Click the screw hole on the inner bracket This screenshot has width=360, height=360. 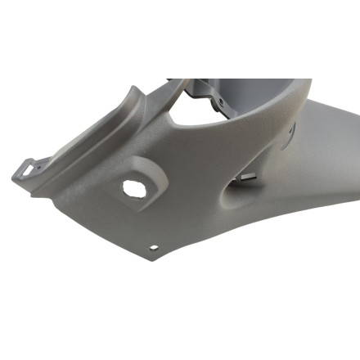pos(219,101)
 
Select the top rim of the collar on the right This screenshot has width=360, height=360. pos(270,82)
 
